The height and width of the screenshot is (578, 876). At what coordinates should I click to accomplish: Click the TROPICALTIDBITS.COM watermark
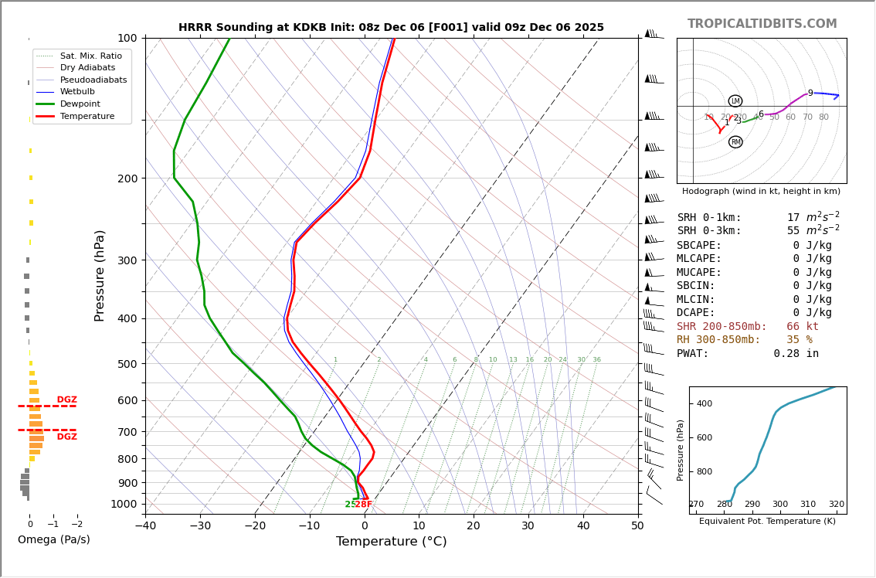tap(762, 24)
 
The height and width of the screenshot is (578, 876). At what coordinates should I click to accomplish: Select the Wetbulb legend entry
tap(77, 91)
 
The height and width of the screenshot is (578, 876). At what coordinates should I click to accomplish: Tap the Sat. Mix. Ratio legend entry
tap(90, 56)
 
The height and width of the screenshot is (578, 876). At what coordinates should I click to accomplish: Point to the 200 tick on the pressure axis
tap(127, 178)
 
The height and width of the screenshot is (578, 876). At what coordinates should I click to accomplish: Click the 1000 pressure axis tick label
tap(124, 504)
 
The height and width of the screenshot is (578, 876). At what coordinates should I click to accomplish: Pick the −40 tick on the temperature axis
tap(145, 526)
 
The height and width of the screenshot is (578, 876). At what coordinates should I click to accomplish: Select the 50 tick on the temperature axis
tap(637, 526)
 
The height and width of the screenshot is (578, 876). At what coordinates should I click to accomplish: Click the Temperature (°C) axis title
tap(391, 542)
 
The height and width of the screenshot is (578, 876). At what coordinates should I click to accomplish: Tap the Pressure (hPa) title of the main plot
tap(100, 275)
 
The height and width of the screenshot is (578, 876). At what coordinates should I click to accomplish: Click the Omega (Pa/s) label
tap(53, 540)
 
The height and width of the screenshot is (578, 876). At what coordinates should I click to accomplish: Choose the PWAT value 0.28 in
tap(796, 354)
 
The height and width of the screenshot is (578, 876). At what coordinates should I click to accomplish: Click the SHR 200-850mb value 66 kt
tap(803, 327)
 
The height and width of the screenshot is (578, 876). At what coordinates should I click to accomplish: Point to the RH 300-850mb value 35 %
tap(799, 340)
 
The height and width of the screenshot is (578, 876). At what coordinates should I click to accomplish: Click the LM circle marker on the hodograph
tap(735, 101)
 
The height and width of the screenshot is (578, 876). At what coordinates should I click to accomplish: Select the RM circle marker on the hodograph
tap(735, 142)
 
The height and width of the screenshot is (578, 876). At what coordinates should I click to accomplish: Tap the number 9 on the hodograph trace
tap(810, 93)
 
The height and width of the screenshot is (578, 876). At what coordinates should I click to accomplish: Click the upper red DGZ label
tap(66, 399)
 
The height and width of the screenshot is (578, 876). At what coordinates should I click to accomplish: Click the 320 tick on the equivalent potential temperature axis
tap(837, 505)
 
